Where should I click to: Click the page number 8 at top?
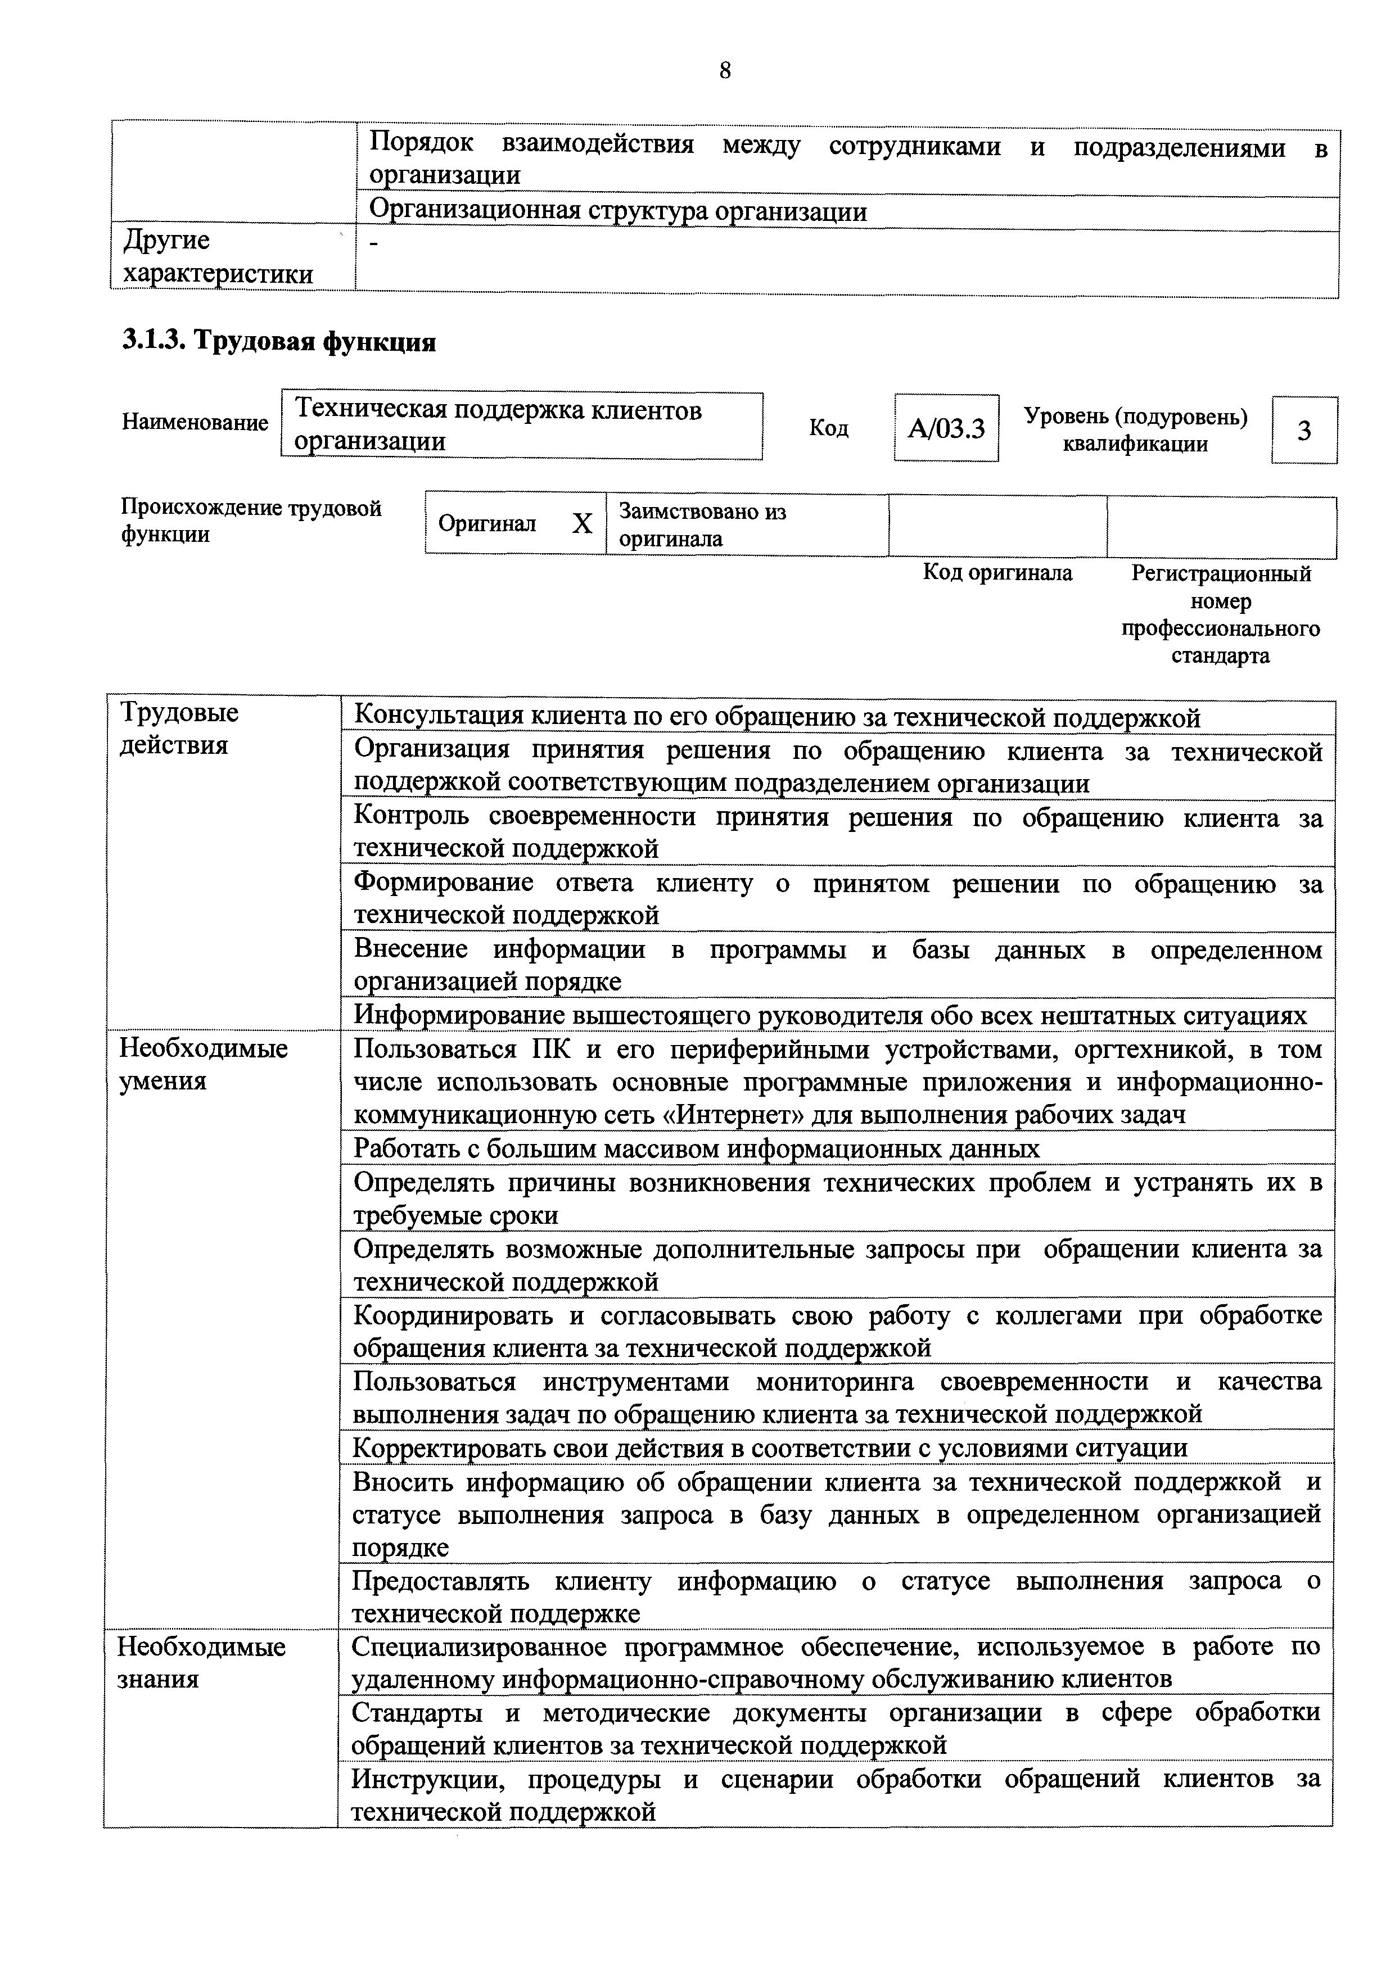click(724, 70)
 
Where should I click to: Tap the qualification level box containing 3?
click(1303, 429)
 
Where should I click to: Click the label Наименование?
click(195, 423)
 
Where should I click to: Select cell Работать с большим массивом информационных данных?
click(697, 1148)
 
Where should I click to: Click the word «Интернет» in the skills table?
click(730, 1115)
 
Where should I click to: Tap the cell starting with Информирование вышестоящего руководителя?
click(830, 1015)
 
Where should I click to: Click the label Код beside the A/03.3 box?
click(828, 428)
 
